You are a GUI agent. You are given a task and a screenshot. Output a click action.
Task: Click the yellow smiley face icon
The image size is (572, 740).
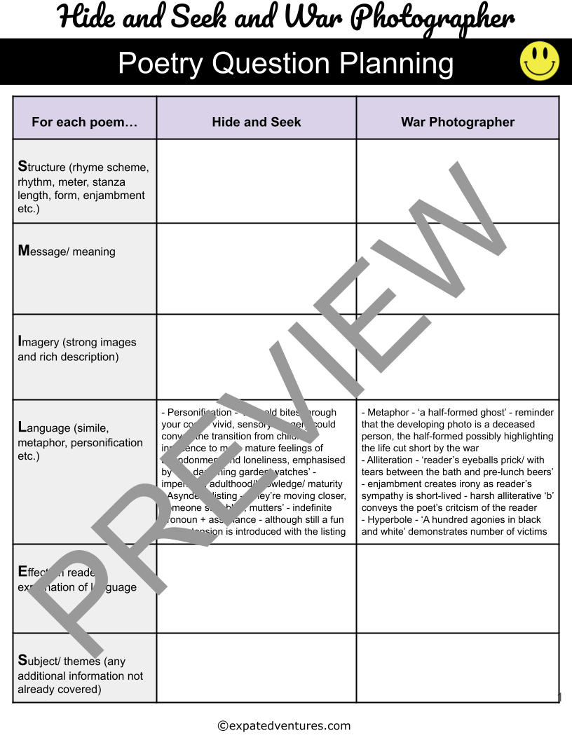click(539, 61)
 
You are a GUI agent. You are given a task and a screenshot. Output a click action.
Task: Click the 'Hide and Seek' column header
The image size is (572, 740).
click(257, 122)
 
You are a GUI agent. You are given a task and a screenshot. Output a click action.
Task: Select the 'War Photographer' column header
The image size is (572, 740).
click(458, 122)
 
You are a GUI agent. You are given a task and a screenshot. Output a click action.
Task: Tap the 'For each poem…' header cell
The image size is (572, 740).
click(84, 122)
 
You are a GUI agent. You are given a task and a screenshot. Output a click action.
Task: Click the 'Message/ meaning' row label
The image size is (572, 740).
click(67, 251)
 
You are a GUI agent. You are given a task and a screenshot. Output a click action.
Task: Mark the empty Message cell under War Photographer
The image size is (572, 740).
click(458, 268)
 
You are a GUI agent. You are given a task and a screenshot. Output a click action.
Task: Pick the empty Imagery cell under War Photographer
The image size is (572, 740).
click(458, 357)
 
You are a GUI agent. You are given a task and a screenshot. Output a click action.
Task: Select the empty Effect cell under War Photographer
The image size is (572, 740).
click(458, 589)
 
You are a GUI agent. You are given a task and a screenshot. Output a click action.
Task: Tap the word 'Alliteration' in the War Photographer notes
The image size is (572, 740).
click(392, 460)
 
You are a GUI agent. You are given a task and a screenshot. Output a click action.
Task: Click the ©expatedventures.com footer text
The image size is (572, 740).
click(284, 726)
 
